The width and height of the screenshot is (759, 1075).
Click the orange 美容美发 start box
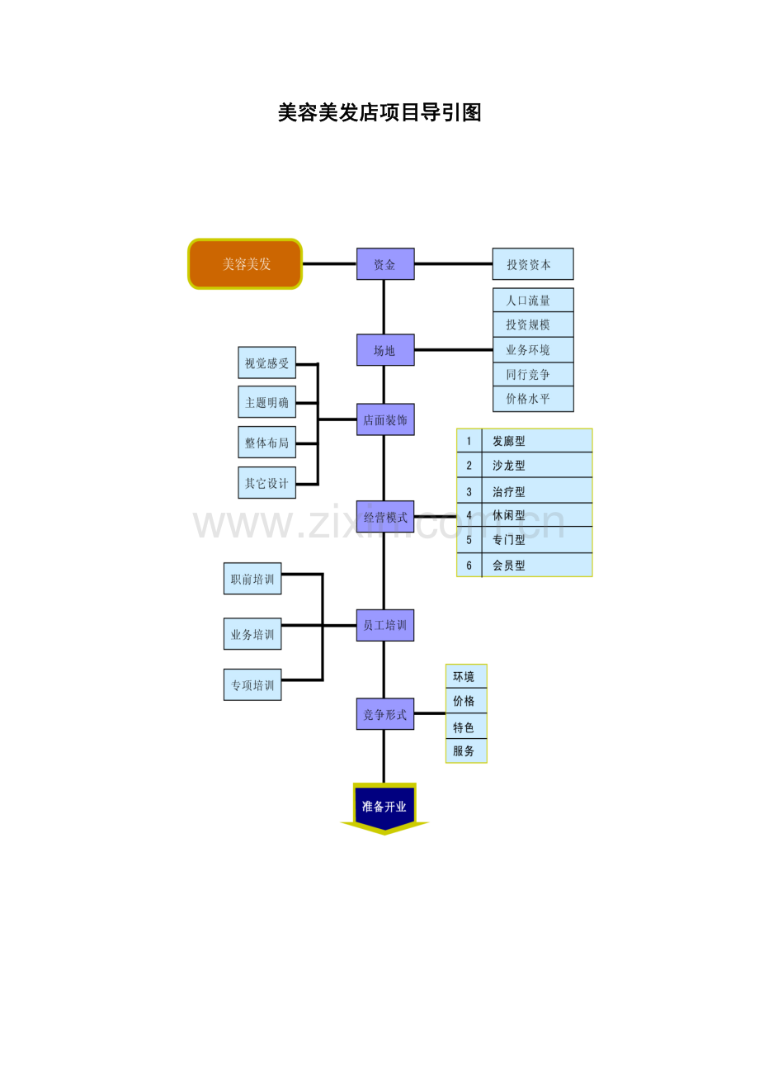(x=244, y=263)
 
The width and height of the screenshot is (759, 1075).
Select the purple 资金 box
(x=385, y=263)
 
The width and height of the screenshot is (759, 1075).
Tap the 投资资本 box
(x=533, y=263)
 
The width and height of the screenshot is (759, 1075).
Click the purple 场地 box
(x=385, y=350)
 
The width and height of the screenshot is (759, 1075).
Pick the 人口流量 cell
(x=533, y=300)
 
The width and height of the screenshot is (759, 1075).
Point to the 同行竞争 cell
(x=533, y=374)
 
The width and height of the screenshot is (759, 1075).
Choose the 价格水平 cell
(x=533, y=399)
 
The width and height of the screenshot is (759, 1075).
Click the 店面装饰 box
(x=385, y=419)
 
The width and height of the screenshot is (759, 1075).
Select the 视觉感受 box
(x=266, y=362)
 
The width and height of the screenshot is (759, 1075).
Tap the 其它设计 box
(x=266, y=482)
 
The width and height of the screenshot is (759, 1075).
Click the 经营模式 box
(x=385, y=516)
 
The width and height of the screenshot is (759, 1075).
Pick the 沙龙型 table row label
(x=509, y=465)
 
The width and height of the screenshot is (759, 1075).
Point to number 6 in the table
(x=469, y=566)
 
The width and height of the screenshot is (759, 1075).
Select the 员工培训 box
(x=385, y=625)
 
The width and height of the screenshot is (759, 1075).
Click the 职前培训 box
(x=252, y=578)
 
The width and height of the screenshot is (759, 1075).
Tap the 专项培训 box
(x=252, y=684)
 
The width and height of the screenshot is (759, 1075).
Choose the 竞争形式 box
(x=385, y=713)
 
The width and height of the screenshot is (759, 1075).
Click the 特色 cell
(x=466, y=727)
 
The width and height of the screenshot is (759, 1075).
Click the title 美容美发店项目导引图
(x=379, y=113)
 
